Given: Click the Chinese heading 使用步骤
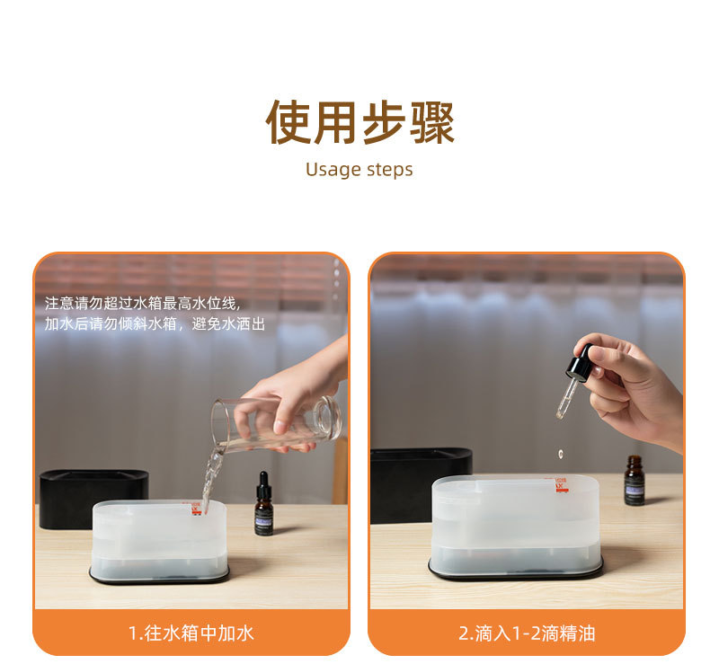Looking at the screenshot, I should coord(359,123).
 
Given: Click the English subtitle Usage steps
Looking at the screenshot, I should coord(359,169).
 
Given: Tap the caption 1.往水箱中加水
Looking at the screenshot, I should coord(191,633).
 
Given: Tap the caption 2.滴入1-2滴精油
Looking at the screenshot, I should coord(527,633).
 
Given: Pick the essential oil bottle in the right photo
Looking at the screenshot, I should coord(635,482).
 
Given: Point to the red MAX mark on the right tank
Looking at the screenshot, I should coord(563,484).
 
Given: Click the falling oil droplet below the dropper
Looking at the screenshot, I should coord(561,455).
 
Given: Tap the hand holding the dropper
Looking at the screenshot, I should coord(634,386).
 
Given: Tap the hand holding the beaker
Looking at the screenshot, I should coord(297,395).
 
